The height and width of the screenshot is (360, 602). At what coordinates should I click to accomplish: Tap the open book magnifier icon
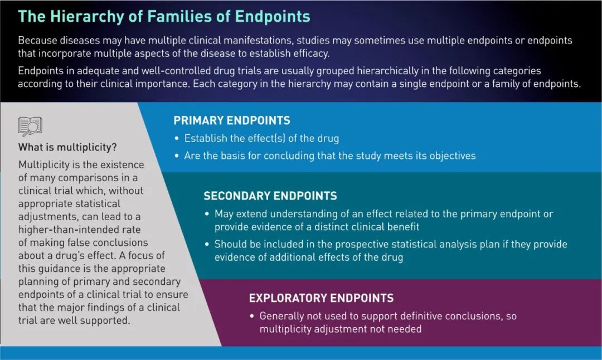(x=30, y=127)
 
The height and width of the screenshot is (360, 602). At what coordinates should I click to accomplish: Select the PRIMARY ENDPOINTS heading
(x=232, y=120)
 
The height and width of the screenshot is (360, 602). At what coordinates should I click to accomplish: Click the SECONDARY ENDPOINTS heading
(x=270, y=196)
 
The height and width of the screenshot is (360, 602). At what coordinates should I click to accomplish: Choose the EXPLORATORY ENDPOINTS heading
(x=322, y=298)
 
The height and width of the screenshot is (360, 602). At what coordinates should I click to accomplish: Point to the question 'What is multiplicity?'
(x=67, y=147)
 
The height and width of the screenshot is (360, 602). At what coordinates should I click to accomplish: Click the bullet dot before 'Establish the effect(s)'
(x=177, y=139)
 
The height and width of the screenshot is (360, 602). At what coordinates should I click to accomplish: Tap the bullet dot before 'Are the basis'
(x=177, y=156)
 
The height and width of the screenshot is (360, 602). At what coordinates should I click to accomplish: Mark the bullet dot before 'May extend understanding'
(x=207, y=214)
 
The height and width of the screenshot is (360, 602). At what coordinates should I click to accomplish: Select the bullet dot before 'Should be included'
(x=207, y=245)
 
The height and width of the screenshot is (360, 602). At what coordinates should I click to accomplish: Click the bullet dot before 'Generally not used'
(x=252, y=316)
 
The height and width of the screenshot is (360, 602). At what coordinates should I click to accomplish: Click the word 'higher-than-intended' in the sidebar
(x=80, y=230)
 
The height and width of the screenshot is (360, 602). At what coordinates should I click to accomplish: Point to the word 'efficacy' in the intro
(x=310, y=53)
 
